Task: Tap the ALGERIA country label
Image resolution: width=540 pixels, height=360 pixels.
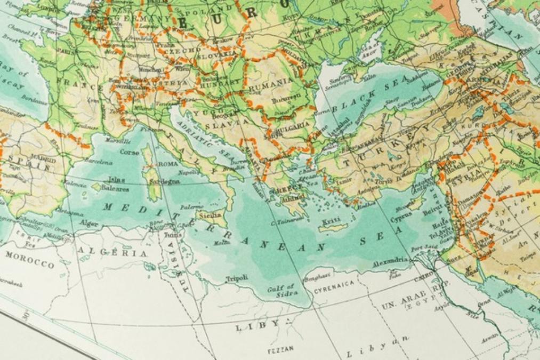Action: (x=112, y=252)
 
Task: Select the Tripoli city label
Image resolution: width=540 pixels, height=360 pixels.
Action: (x=237, y=278)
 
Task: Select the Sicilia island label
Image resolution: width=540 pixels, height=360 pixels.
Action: (x=209, y=216)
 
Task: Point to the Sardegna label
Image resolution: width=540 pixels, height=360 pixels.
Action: (x=165, y=181)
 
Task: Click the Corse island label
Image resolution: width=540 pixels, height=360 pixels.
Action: (x=129, y=152)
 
